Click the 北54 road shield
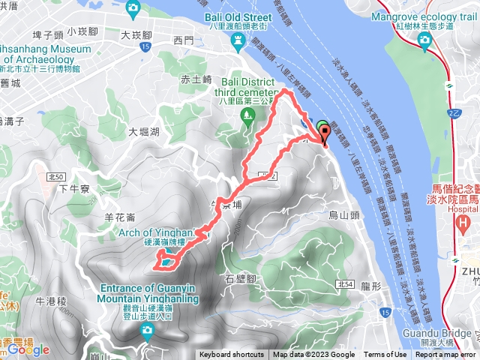pyautogui.click(x=345, y=283)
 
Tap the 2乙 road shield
pyautogui.click(x=466, y=112)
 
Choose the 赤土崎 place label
pyautogui.click(x=196, y=79)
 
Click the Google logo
pyautogui.click(x=28, y=349)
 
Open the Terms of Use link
pyautogui.click(x=385, y=355)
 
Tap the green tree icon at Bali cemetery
pyautogui.click(x=246, y=115)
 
